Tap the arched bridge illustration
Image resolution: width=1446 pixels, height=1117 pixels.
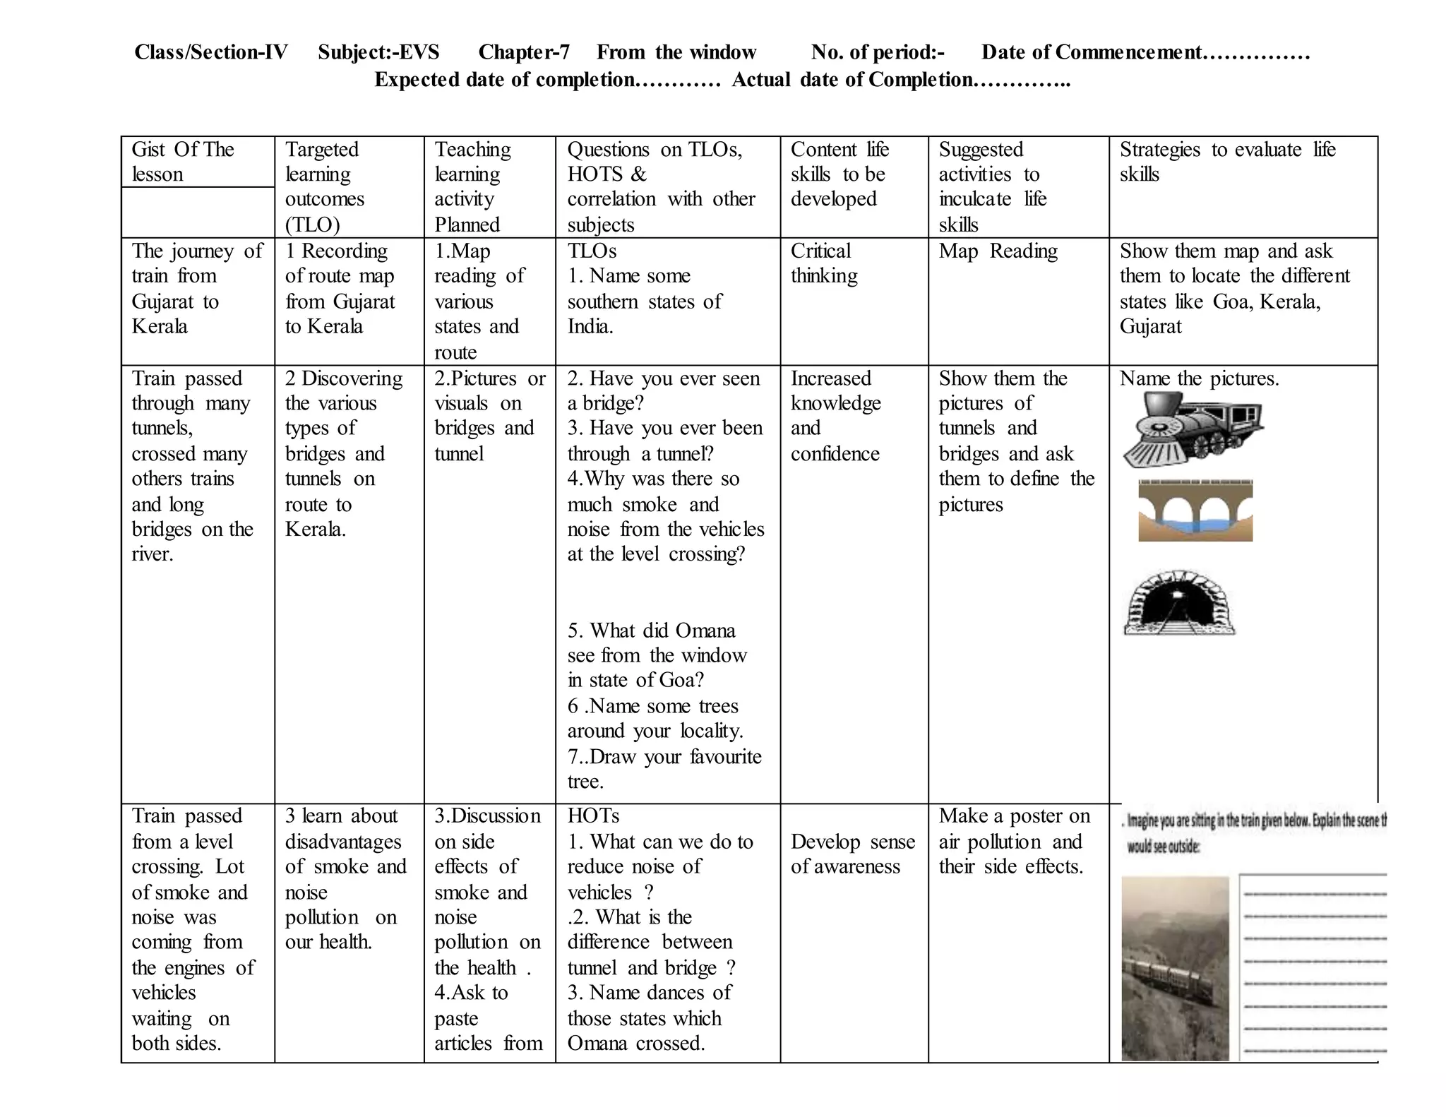[1195, 510]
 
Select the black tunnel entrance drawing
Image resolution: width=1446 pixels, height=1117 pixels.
[1179, 603]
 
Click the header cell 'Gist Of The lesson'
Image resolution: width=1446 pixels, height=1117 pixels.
[182, 162]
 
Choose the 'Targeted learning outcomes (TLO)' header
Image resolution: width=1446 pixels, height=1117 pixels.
[324, 187]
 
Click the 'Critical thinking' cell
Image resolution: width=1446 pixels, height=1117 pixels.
[823, 263]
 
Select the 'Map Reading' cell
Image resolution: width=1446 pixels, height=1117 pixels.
[998, 251]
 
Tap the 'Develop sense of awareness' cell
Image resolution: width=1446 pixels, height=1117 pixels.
[852, 854]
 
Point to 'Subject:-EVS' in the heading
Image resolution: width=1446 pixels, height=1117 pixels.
[378, 52]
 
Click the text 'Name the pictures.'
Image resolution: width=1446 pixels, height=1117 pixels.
[1199, 378]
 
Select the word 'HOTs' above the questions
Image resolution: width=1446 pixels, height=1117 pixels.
[593, 816]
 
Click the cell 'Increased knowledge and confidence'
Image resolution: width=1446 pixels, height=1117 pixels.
[835, 416]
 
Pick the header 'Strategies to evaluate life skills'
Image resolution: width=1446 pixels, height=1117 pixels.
[1227, 162]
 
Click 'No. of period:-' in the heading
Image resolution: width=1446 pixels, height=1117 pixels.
[878, 52]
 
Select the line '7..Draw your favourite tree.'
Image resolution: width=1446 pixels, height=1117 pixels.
[664, 769]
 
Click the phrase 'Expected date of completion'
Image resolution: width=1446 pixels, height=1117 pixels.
[504, 80]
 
